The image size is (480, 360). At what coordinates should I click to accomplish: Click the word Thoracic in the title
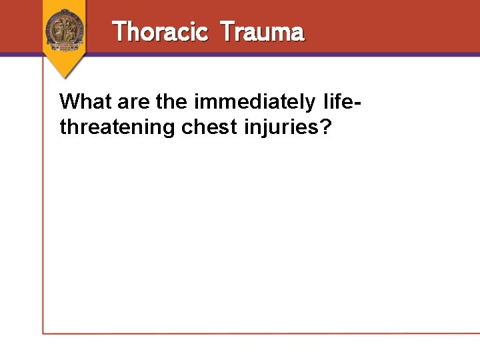click(x=160, y=31)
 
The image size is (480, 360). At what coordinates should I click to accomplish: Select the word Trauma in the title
click(x=261, y=31)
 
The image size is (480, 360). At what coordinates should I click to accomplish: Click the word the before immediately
click(x=172, y=102)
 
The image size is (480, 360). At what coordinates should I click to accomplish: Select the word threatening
click(x=117, y=127)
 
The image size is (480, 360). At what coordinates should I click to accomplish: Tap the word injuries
click(x=279, y=127)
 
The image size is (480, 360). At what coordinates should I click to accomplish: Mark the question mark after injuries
click(x=325, y=126)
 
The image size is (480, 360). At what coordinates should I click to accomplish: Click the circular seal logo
click(x=64, y=29)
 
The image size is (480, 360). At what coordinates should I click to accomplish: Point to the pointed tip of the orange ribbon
click(x=64, y=77)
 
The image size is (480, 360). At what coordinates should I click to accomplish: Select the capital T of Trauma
click(x=226, y=31)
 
